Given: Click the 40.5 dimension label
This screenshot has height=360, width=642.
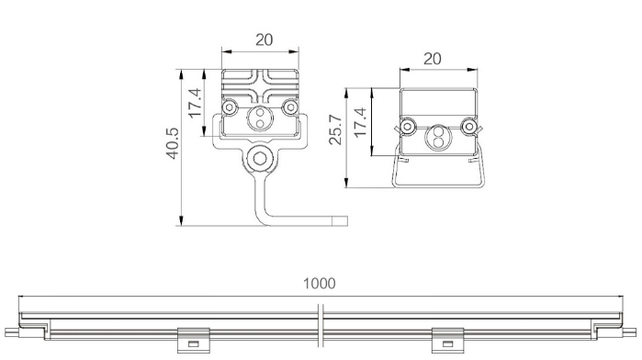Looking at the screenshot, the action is pos(173,143).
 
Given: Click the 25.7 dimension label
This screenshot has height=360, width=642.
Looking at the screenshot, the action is pos(335,129).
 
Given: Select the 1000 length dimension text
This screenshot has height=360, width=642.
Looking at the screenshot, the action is pos(320,284).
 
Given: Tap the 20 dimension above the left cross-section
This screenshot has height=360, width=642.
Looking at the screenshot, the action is pos(265,40).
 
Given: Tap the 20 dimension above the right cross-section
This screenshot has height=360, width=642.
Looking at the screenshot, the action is pos(433,59).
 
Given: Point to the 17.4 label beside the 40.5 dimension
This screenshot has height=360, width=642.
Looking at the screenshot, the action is pos(196,103).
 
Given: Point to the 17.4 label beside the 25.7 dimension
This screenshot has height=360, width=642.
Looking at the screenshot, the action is pos(360,122).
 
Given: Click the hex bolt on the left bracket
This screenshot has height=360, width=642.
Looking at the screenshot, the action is pos(260,158).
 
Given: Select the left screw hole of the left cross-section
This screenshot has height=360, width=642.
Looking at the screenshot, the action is pos(230,107).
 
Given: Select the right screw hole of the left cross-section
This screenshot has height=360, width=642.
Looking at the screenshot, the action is pos(291,107).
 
